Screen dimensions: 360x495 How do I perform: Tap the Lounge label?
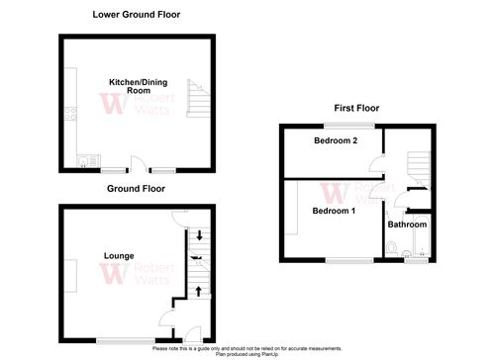[119, 255]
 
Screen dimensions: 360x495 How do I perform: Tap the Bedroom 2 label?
[336, 141]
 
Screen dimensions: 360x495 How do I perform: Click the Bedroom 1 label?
[334, 211]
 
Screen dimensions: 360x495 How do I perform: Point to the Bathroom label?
[407, 225]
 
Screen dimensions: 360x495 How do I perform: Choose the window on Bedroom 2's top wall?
[351, 127]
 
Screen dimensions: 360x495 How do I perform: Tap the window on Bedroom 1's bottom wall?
[346, 262]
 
